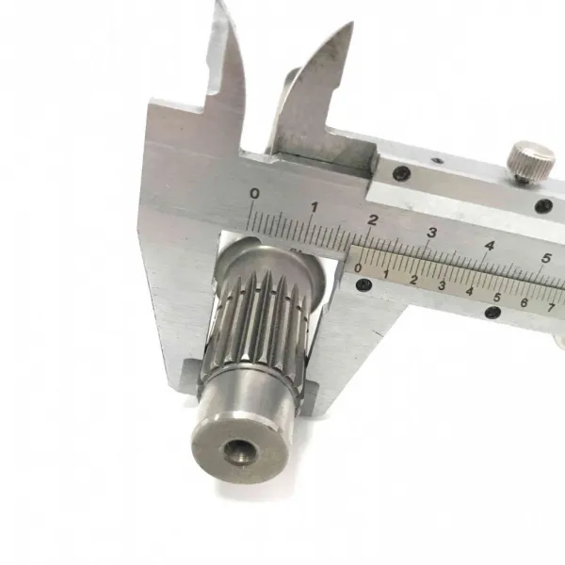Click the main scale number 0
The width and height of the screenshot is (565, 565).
[x=255, y=193]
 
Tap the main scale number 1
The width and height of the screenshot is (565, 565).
[x=315, y=207]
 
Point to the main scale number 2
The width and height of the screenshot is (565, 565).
[x=373, y=219]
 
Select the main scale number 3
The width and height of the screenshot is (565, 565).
[x=431, y=233]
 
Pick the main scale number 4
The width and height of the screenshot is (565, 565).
[x=490, y=246]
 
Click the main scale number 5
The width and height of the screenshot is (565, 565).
[x=546, y=258]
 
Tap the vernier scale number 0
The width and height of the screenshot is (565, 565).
[x=358, y=268]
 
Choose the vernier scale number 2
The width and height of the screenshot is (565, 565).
[x=413, y=280]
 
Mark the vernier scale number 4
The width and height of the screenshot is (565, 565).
[x=469, y=292]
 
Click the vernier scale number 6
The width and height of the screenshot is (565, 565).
[x=525, y=302]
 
